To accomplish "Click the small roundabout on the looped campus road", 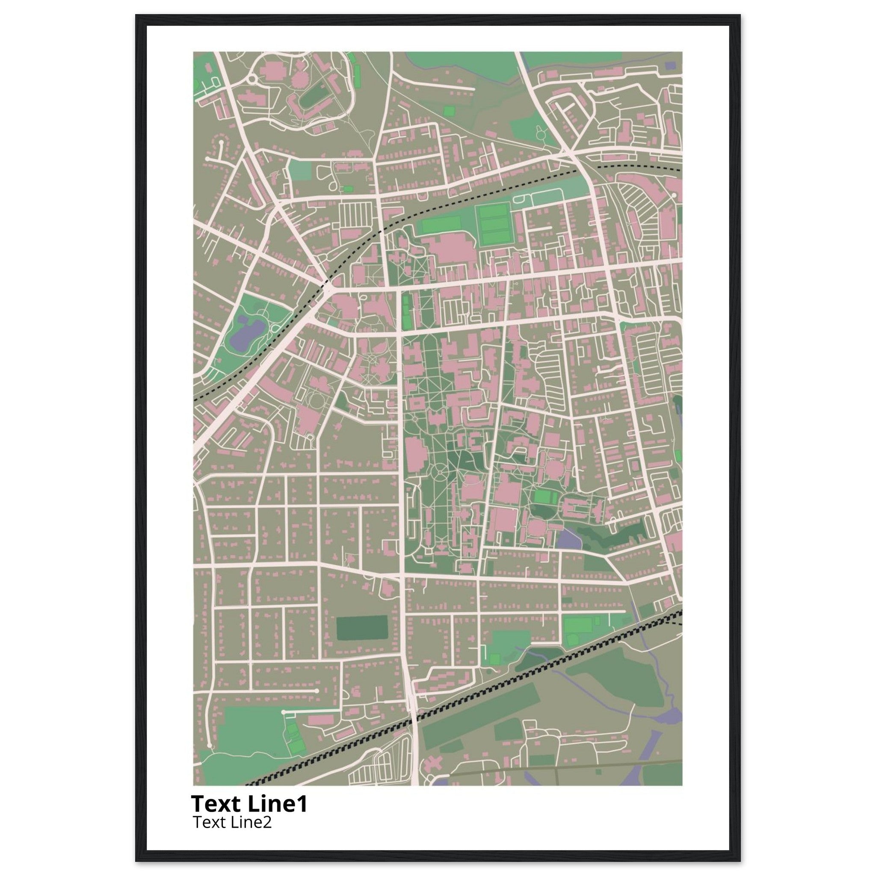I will [x=252, y=80].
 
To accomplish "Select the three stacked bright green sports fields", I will [x=493, y=224].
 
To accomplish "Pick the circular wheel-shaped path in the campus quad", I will [x=439, y=474].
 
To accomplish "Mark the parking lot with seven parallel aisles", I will [x=355, y=213].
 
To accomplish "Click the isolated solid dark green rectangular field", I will [x=362, y=628].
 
